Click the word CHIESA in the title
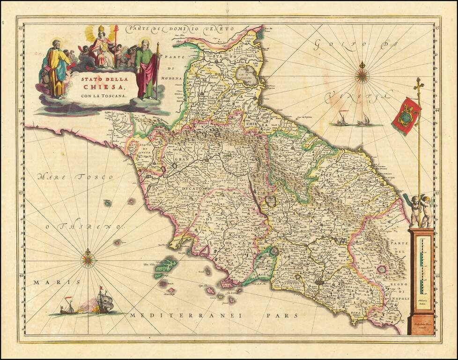110,87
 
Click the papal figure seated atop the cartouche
101,47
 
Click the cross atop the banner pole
418,85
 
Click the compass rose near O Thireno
88,258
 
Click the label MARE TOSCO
76,177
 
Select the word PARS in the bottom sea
282,315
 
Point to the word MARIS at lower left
51,282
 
